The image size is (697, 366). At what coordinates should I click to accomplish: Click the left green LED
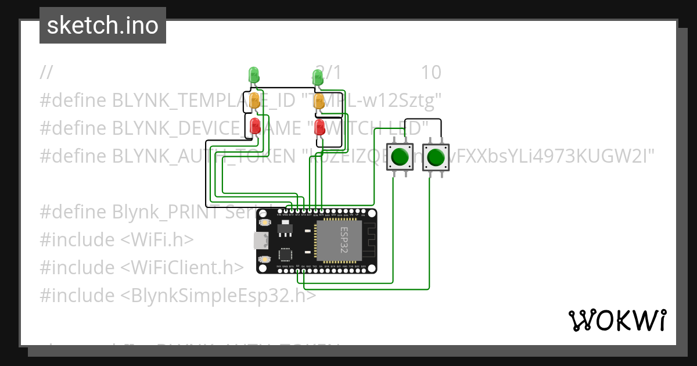(x=254, y=75)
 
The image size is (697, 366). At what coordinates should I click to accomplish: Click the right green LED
(x=318, y=77)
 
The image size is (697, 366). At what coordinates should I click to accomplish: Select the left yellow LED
(x=254, y=101)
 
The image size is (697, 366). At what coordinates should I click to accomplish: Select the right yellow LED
(x=319, y=101)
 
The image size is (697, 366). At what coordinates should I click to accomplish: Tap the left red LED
(x=254, y=126)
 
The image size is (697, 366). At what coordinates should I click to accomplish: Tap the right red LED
(x=319, y=127)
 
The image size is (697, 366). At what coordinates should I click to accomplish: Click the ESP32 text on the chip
(x=344, y=240)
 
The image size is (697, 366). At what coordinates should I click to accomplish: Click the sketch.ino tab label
(x=103, y=26)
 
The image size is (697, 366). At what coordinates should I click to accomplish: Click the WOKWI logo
(x=617, y=320)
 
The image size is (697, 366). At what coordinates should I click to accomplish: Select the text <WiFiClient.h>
(x=182, y=268)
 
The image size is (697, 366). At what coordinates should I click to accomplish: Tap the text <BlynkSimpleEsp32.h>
(x=218, y=296)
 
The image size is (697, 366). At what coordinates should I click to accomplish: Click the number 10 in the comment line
(x=431, y=73)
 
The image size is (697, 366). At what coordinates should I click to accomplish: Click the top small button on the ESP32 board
(x=264, y=223)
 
